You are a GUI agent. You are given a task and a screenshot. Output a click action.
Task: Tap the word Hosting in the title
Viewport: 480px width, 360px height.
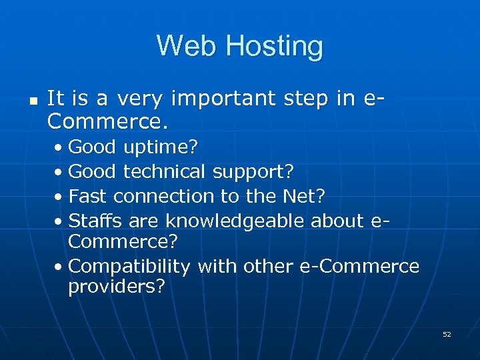point(274,47)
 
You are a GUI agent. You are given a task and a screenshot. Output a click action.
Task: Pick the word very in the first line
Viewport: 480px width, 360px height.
point(140,99)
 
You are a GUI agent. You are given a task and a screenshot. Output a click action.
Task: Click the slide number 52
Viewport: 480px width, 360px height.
point(447,334)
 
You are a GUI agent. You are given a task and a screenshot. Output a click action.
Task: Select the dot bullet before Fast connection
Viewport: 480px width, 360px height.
point(60,197)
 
